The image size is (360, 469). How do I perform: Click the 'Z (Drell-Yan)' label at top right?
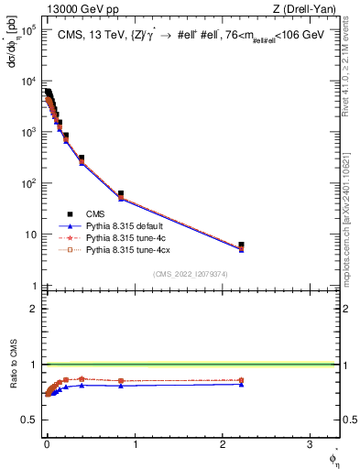pyautogui.click(x=308, y=9)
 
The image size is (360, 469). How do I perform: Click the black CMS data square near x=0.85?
pyautogui.click(x=121, y=194)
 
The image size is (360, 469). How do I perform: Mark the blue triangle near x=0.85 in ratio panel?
pyautogui.click(x=121, y=386)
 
